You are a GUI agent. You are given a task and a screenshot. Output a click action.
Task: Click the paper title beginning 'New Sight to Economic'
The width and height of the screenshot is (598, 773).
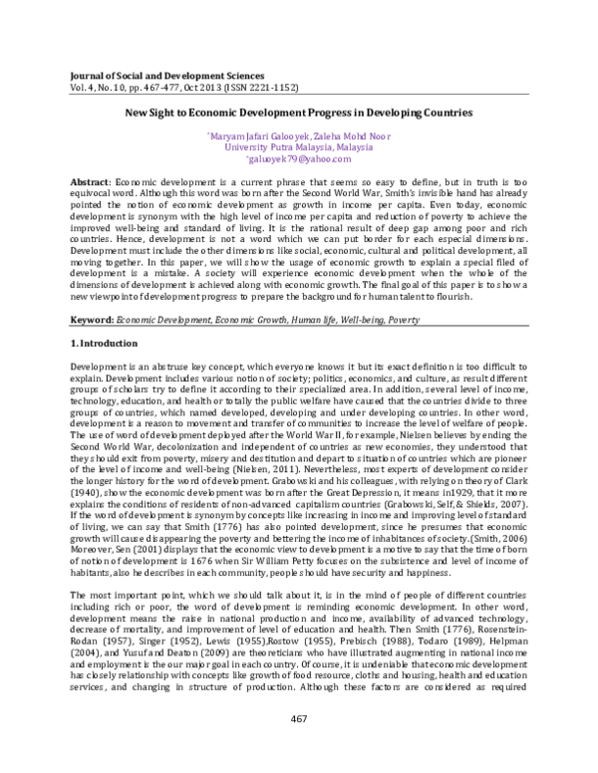pyautogui.click(x=298, y=115)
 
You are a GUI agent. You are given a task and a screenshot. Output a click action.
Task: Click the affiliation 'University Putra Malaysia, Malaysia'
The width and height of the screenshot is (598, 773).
pyautogui.click(x=298, y=146)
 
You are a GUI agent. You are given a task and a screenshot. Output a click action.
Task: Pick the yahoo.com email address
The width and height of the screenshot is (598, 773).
pyautogui.click(x=299, y=158)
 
